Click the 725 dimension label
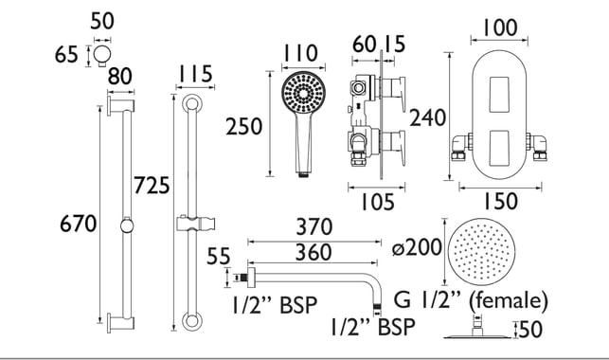tap(152, 186)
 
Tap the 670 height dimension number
tap(78, 225)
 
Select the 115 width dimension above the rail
tap(195, 73)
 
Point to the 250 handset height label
tap(244, 127)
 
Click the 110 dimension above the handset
tap(300, 53)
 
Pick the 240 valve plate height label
tap(427, 117)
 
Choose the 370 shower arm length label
tap(314, 227)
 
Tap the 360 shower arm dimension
tap(313, 252)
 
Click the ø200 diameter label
tap(417, 247)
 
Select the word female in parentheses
tap(509, 300)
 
